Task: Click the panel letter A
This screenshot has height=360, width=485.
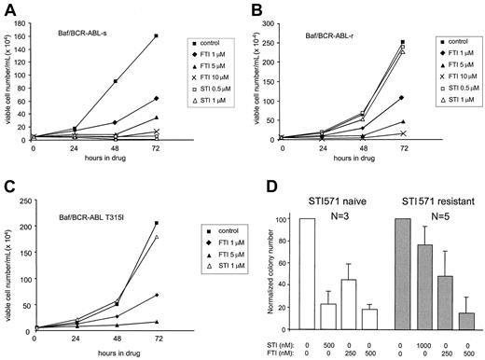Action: [x=7, y=8]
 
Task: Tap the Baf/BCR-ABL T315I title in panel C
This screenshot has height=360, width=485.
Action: [x=90, y=218]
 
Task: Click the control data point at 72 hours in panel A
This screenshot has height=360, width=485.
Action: [x=155, y=35]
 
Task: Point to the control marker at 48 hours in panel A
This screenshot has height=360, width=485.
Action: [x=115, y=81]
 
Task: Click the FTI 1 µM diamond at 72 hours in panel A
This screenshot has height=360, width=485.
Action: [x=155, y=98]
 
